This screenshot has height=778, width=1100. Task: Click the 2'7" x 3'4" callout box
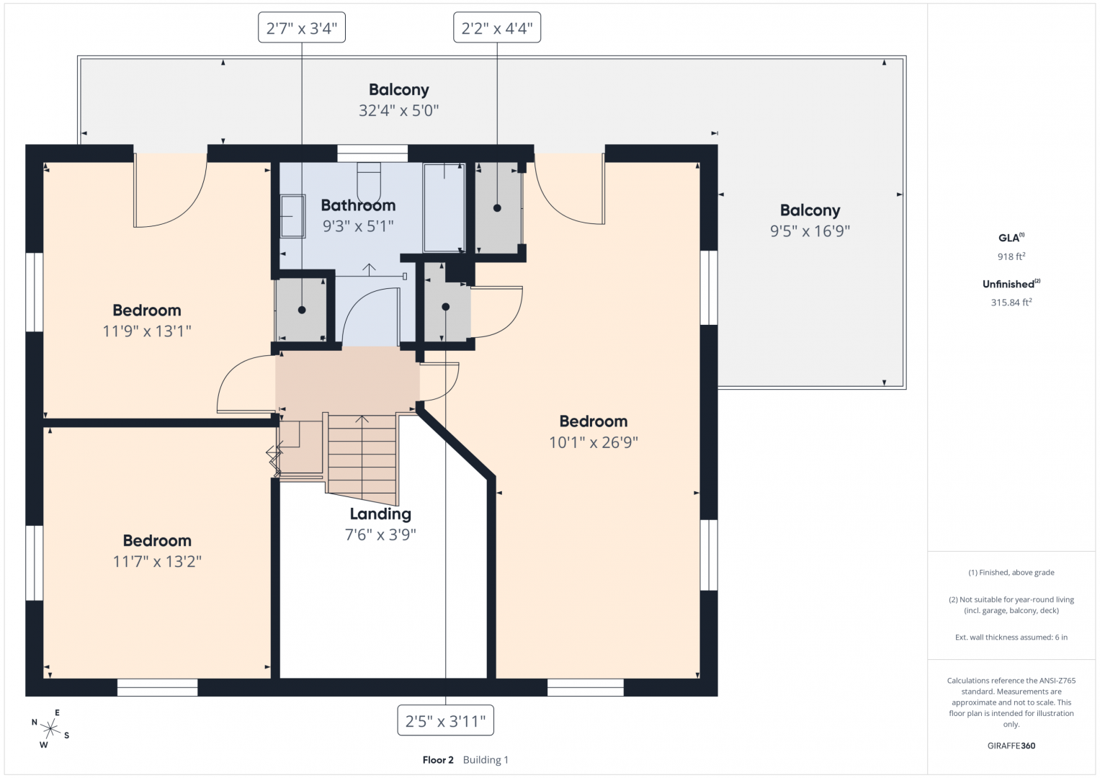pos(302,27)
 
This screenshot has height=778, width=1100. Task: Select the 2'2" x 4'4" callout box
pos(497,27)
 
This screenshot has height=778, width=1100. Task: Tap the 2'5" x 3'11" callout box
pos(445,720)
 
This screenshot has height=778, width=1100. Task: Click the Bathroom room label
pos(358,205)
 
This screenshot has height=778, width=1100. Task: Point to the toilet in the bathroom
pos(369,182)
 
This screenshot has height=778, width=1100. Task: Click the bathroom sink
pos(292,216)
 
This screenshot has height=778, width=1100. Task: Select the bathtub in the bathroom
pos(444,207)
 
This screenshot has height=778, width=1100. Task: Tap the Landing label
pos(380,514)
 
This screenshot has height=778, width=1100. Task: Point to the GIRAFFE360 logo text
pos(1011,746)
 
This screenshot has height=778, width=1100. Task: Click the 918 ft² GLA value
pos(1011,256)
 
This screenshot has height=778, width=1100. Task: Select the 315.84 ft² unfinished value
pos(1011,302)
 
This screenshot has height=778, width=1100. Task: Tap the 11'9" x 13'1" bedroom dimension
pos(147,331)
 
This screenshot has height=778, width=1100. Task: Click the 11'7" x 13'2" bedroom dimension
pos(157,561)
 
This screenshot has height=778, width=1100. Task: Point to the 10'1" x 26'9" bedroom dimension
pos(593,442)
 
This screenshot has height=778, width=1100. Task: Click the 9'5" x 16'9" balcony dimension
pos(810,231)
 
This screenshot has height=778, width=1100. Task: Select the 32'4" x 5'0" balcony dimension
pos(399,110)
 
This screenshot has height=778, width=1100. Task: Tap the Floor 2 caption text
pos(438,760)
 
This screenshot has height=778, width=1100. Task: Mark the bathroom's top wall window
pos(372,153)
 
